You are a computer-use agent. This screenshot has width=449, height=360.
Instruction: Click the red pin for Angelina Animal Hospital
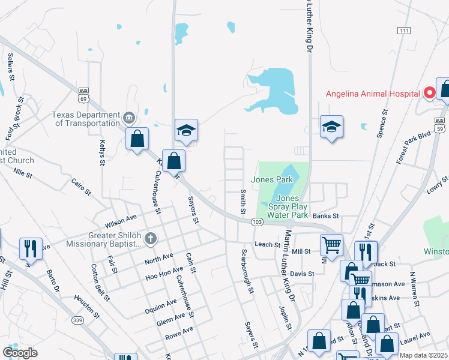tap(430, 93)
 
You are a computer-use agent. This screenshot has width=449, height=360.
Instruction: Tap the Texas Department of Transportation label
tap(86, 119)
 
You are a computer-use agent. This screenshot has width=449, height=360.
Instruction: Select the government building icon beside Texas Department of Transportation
tap(128, 116)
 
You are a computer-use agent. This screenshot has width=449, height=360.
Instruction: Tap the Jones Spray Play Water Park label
tap(288, 206)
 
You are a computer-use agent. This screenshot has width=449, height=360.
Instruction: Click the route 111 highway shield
tap(403, 30)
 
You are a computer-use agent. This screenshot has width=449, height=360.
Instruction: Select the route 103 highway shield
tap(257, 222)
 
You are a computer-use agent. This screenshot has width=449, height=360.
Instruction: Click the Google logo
tap(20, 352)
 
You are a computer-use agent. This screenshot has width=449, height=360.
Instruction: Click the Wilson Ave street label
tap(121, 221)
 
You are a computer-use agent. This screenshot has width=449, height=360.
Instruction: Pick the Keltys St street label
tap(102, 154)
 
